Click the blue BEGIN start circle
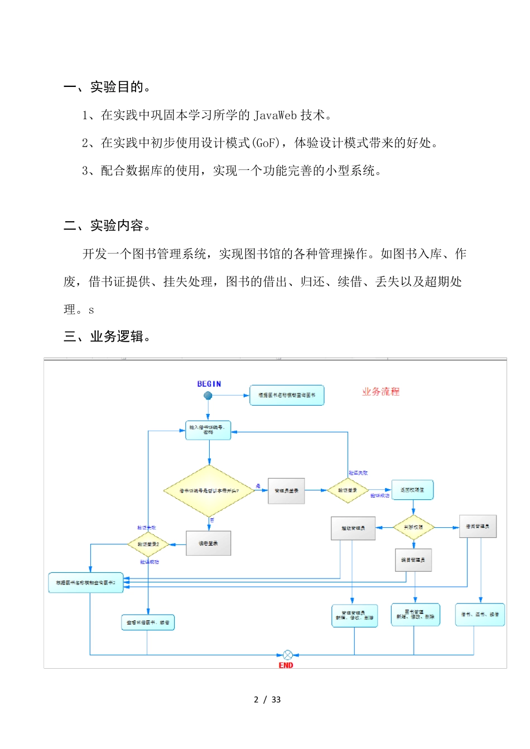pos(208,396)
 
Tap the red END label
pos(286,665)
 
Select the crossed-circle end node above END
pos(287,655)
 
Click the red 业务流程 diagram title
pos(380,392)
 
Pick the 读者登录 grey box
pos(208,543)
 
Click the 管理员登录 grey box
pos(286,491)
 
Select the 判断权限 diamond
pos(413,527)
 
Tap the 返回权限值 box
pos(412,490)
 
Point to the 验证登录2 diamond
pos(148,544)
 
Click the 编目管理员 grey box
pos(413,560)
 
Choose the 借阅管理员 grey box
pos(478,527)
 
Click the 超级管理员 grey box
pos(353,528)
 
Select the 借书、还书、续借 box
pos(480,615)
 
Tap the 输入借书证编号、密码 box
pos(208,430)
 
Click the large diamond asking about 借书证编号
pos(209,491)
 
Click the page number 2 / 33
pos(267,700)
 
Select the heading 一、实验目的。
pos(107,87)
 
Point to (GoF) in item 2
pos(266,143)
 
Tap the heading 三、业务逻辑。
pos(107,337)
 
